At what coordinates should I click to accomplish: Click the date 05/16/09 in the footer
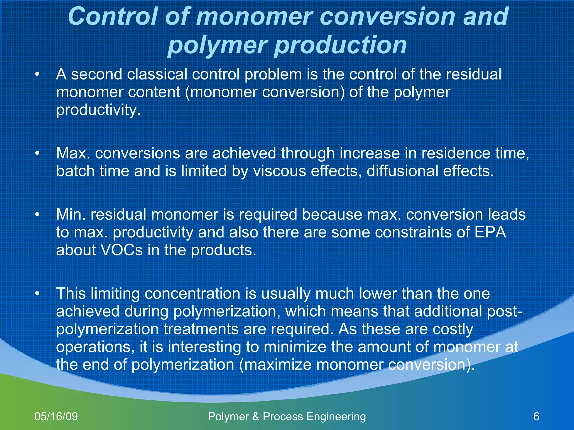pos(56,416)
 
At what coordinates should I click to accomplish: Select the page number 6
pos(536,416)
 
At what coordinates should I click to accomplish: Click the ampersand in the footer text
pos(256,416)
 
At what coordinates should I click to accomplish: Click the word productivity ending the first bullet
pos(98,110)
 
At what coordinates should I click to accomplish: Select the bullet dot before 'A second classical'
pos(37,75)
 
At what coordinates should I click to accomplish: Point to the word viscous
pos(279,171)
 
